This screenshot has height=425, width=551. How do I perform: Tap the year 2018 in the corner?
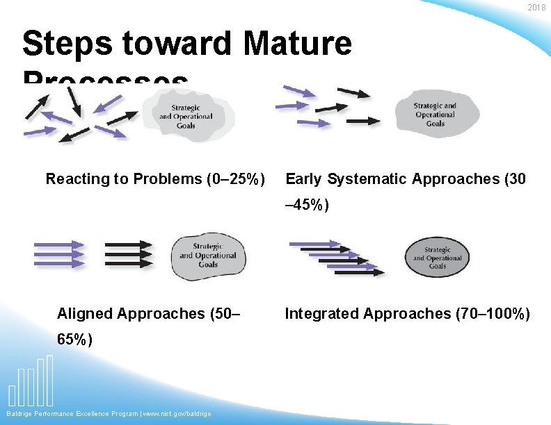pos(537,8)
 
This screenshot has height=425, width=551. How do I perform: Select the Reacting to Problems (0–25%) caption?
pos(154,179)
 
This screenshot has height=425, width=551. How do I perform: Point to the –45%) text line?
pos(308,206)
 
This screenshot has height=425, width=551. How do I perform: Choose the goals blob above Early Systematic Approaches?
pos(435,114)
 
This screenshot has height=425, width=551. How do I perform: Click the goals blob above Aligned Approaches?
pos(207,256)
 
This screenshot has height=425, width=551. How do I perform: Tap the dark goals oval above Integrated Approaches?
pos(437,258)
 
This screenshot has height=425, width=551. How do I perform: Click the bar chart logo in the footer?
pos(31,382)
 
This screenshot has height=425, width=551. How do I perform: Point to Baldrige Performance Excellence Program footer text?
pos(70,414)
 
